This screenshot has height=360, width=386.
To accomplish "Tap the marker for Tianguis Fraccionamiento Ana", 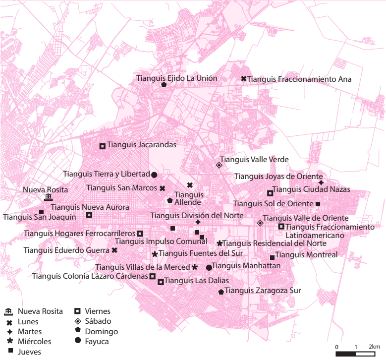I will coord(244,79).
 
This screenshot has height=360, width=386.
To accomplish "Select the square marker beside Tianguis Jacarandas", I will coord(103,146).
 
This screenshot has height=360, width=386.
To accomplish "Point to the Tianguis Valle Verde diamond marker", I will coord(219,166).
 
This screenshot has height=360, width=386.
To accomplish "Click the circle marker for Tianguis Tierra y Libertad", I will coord(154,175).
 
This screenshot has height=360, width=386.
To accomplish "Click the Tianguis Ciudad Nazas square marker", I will coord(270,193).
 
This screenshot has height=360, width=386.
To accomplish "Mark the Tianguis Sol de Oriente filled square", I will coord(318,204).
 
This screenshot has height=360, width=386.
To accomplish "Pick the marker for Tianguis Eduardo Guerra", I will coord(114,250).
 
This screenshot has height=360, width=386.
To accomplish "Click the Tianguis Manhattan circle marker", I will coord(209,268).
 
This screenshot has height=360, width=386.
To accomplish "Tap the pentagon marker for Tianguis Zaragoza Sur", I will coord(221,292).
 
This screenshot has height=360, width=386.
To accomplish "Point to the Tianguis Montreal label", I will coord(306,255).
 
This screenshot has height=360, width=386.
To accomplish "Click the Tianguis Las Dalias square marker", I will coord(161,282).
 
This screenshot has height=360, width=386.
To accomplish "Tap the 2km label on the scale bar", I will coord(374,346).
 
